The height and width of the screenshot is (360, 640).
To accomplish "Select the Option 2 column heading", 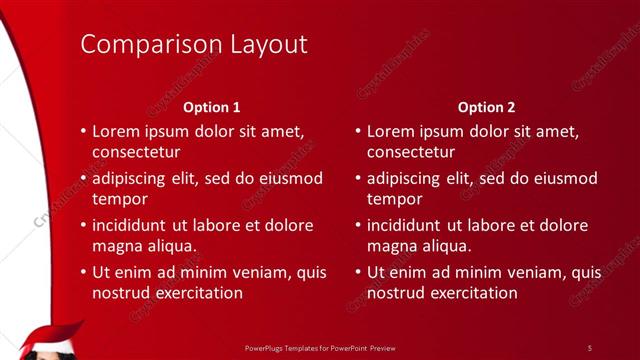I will tap(487, 107).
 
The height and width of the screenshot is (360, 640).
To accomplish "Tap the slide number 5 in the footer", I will tap(590, 347).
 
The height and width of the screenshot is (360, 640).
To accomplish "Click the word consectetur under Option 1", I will tap(136, 153).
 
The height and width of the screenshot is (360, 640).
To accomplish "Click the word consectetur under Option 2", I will tap(411, 153).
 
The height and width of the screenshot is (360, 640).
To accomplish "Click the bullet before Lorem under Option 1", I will tap(82, 131).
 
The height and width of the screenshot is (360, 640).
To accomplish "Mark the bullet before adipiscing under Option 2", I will tap(357, 178).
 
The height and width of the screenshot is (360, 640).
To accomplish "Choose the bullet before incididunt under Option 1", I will tap(82, 225).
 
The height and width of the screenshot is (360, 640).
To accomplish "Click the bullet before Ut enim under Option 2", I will tap(357, 272).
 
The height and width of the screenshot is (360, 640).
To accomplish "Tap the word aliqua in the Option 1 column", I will tap(168, 246).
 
